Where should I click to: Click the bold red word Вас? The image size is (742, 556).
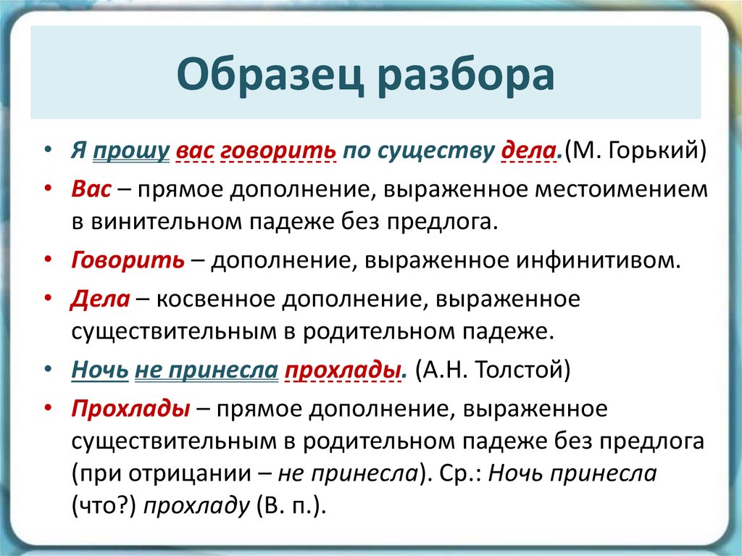91,189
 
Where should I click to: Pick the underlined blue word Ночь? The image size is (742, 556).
100,370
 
